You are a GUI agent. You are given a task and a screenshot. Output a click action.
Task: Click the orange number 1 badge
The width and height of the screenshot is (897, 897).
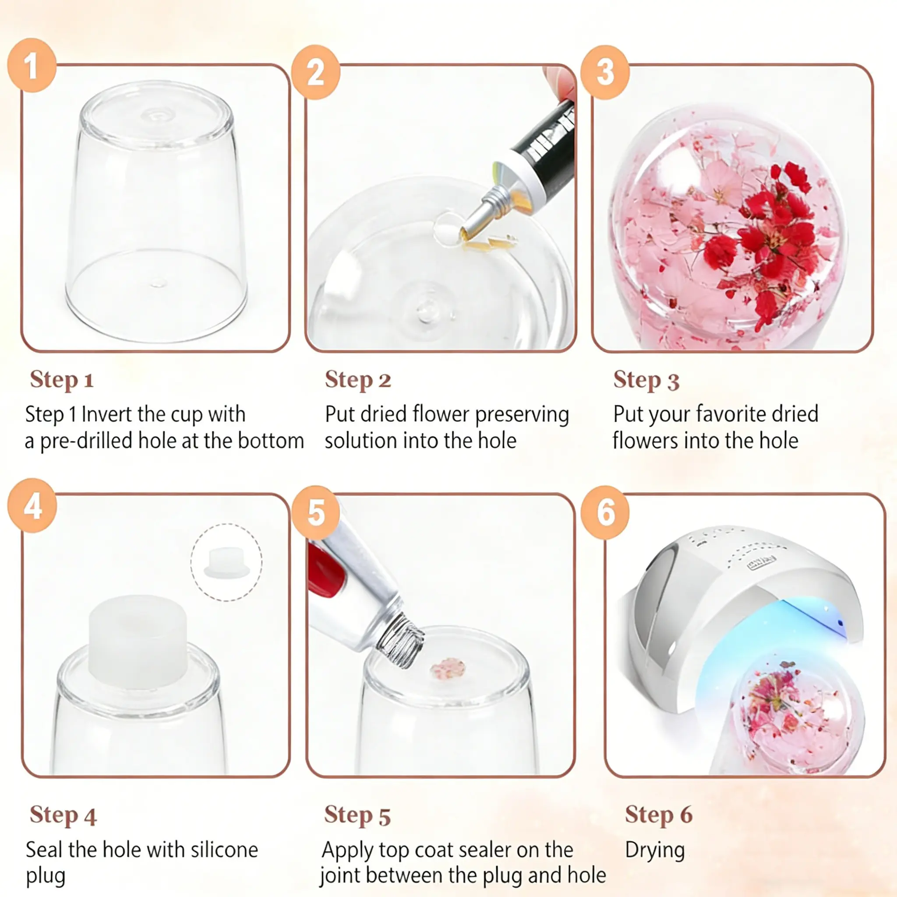pos(32,65)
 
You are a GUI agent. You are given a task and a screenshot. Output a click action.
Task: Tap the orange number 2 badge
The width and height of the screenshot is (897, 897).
pos(316,72)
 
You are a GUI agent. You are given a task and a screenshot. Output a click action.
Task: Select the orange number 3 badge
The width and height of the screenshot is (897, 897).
pos(605,72)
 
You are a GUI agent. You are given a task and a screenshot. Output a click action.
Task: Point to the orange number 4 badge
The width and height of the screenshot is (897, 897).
pos(32,505)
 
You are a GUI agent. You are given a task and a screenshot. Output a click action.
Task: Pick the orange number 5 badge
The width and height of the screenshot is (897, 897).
pos(316,512)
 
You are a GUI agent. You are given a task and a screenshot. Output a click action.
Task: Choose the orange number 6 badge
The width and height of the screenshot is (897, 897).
pos(605,512)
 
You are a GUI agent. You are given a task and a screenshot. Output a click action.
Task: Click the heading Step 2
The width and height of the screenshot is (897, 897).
pos(358,380)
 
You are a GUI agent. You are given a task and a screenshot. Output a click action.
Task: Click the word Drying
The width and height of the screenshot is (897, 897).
pos(655,851)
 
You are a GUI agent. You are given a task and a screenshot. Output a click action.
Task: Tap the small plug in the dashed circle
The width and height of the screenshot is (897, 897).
pos(226,563)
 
